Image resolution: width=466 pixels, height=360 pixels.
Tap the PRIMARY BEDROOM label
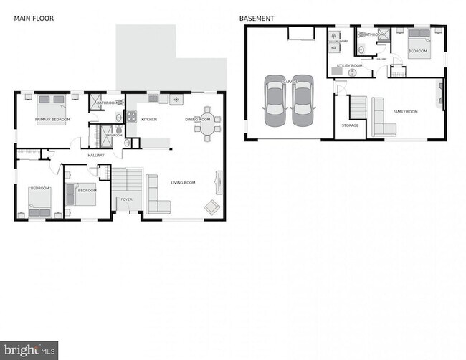click(x=52, y=119)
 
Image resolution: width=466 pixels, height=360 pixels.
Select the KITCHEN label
click(x=148, y=119)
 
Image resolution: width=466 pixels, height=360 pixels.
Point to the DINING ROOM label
click(x=197, y=119)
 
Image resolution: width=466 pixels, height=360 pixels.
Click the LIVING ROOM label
click(x=183, y=183)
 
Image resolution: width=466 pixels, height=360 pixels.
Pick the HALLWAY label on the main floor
click(x=95, y=155)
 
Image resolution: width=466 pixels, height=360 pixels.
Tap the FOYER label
click(x=126, y=199)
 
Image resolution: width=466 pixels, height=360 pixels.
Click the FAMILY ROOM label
click(x=404, y=111)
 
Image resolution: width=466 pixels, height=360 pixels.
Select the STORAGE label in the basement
click(x=350, y=125)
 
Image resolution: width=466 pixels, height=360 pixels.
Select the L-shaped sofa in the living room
click(x=156, y=196)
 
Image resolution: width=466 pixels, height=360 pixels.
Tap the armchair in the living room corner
click(x=212, y=207)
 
